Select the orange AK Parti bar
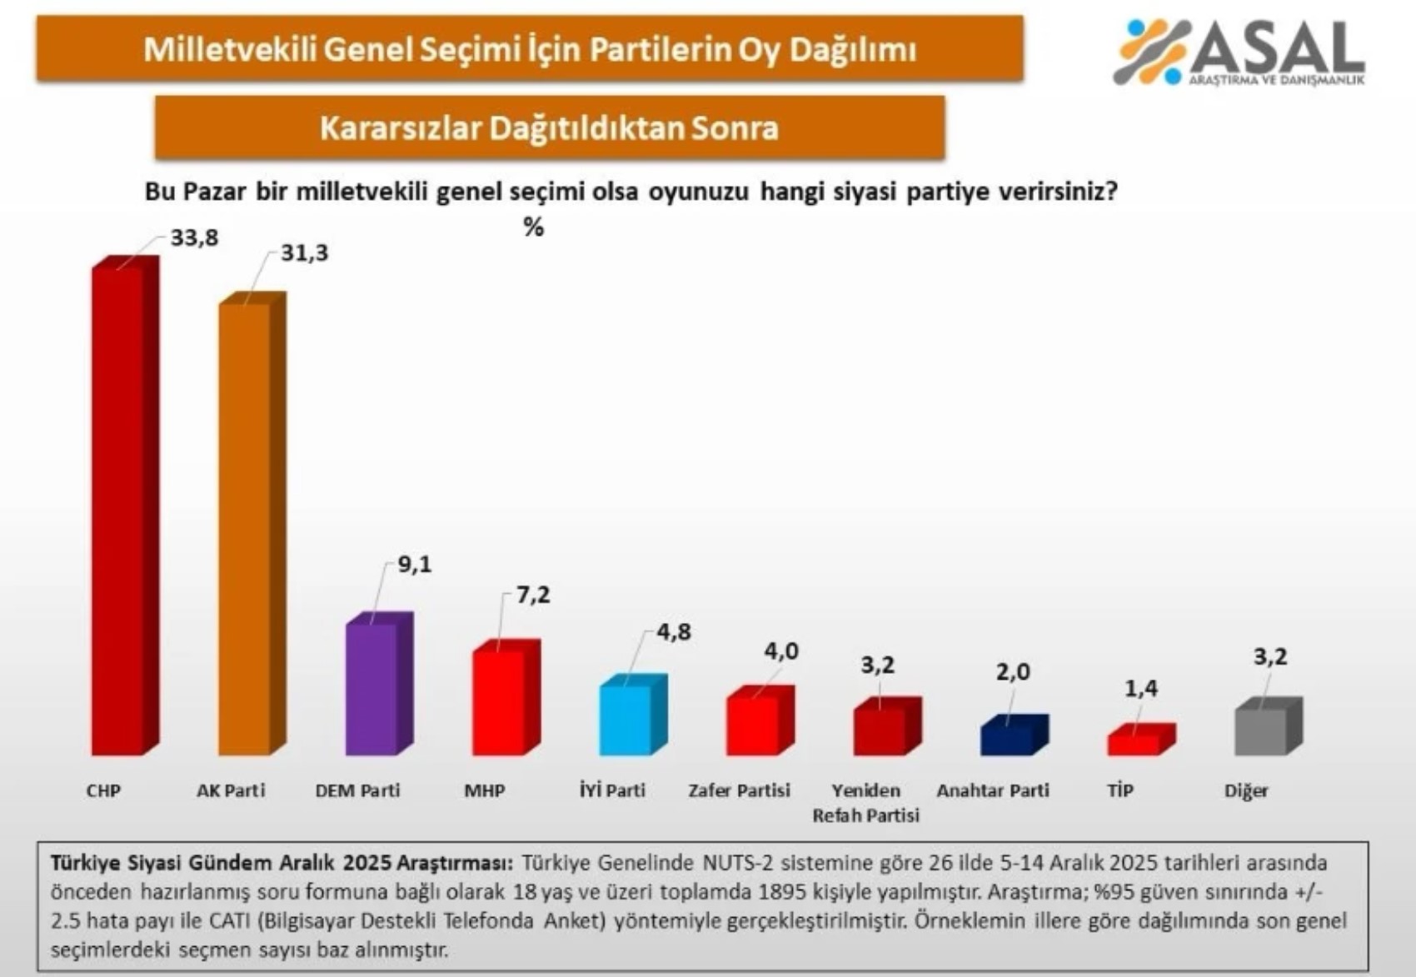[x=244, y=528]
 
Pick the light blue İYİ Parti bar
[x=626, y=720]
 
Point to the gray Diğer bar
[x=1260, y=731]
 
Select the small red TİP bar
[x=1134, y=744]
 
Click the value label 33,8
[x=194, y=238]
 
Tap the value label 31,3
[x=304, y=253]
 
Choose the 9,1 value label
[x=415, y=565]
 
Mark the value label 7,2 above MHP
[x=533, y=596]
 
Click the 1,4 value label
[x=1141, y=688]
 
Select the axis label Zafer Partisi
[x=739, y=790]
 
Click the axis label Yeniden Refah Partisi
[x=866, y=803]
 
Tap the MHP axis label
[x=484, y=790]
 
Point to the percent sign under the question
[x=534, y=227]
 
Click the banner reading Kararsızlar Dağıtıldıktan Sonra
[x=550, y=128]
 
